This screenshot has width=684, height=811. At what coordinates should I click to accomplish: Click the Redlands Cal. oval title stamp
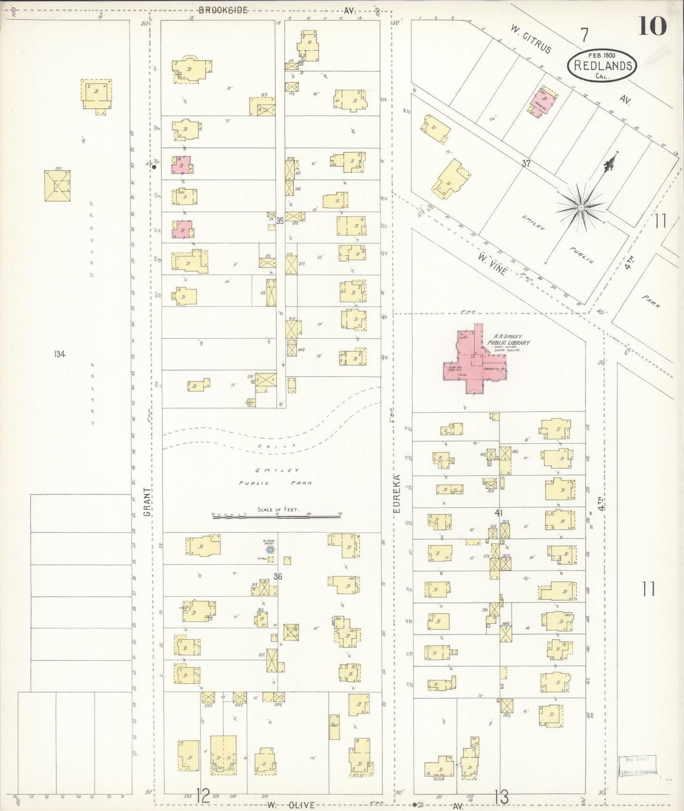(x=602, y=65)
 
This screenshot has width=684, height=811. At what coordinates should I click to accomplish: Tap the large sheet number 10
(x=652, y=26)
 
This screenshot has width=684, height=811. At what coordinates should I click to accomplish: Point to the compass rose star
(x=580, y=208)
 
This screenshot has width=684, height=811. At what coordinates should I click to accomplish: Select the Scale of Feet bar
(x=277, y=517)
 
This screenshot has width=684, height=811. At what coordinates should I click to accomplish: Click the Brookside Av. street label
(x=222, y=10)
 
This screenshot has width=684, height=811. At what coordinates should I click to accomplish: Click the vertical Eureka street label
(x=397, y=494)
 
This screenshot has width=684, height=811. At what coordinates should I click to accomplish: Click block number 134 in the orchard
(x=59, y=354)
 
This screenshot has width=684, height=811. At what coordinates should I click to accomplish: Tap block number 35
(x=280, y=220)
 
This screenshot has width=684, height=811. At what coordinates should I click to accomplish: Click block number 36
(x=278, y=576)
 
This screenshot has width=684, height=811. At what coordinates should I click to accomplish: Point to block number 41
(x=498, y=512)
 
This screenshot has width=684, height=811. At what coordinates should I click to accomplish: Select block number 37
(x=526, y=164)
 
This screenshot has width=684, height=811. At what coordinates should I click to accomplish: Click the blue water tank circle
(x=270, y=550)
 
